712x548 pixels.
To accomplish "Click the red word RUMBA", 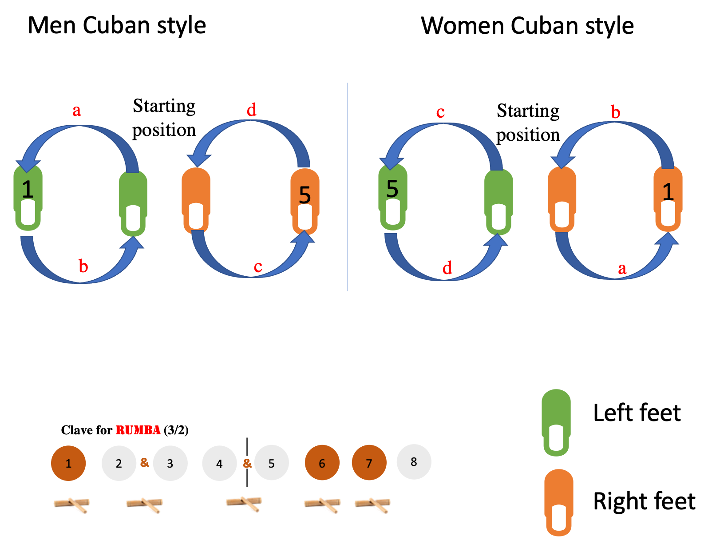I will pyautogui.click(x=138, y=430).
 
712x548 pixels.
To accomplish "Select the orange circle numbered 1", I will pyautogui.click(x=68, y=463).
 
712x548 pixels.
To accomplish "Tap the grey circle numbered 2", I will pyautogui.click(x=119, y=463).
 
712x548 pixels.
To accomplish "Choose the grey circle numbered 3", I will pyautogui.click(x=170, y=463).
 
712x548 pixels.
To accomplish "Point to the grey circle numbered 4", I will pyautogui.click(x=219, y=463).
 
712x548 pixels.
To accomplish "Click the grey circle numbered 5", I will pyautogui.click(x=271, y=463).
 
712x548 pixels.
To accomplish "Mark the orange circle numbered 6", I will pyautogui.click(x=322, y=463).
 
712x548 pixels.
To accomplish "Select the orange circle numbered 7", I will pyautogui.click(x=369, y=463).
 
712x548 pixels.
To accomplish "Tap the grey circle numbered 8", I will pyautogui.click(x=414, y=462).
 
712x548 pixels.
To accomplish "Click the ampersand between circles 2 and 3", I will pyautogui.click(x=144, y=462).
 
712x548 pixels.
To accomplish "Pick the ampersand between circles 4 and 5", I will pyautogui.click(x=247, y=463).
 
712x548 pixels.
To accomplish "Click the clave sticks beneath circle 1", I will pyautogui.click(x=72, y=505).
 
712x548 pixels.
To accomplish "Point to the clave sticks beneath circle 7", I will pyautogui.click(x=373, y=505).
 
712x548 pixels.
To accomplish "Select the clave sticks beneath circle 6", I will pyautogui.click(x=323, y=505).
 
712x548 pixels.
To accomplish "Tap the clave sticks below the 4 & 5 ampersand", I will pyautogui.click(x=245, y=504).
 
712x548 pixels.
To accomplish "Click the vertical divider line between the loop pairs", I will pyautogui.click(x=348, y=187).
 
